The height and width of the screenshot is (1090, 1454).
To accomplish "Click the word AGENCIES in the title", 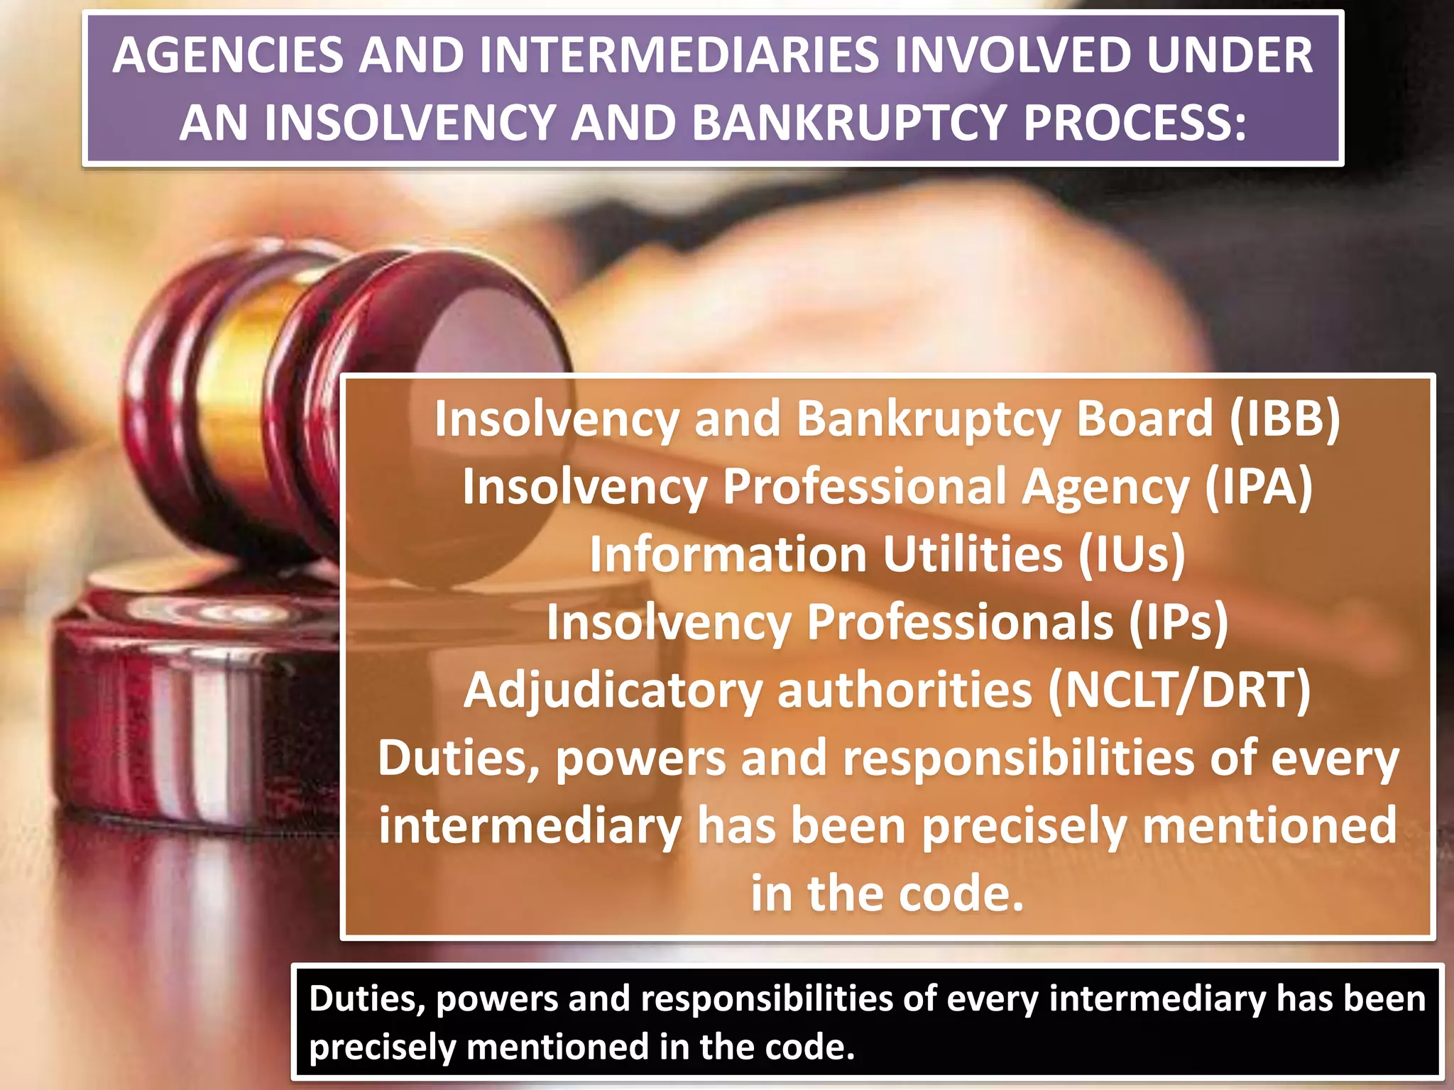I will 227,55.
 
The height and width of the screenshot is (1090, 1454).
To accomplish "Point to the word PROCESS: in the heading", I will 1134,122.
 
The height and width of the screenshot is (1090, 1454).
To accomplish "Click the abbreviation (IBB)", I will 1284,419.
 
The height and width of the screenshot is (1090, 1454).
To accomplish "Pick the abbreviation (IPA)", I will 1259,487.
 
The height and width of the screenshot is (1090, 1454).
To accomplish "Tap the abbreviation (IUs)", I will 1132,554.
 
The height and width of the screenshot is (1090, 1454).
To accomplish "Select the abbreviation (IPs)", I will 1178,622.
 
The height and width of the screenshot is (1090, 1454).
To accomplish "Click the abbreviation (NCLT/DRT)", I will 1179,690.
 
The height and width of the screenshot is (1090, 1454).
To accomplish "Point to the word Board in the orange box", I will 1144,419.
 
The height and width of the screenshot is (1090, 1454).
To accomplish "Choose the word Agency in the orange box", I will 1105,487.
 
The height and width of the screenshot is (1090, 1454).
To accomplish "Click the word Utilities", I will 972,554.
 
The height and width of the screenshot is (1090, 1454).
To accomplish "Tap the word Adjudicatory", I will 613,690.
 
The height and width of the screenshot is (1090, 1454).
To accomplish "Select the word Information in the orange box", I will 728,554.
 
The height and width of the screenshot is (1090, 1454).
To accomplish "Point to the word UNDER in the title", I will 1229,55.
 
